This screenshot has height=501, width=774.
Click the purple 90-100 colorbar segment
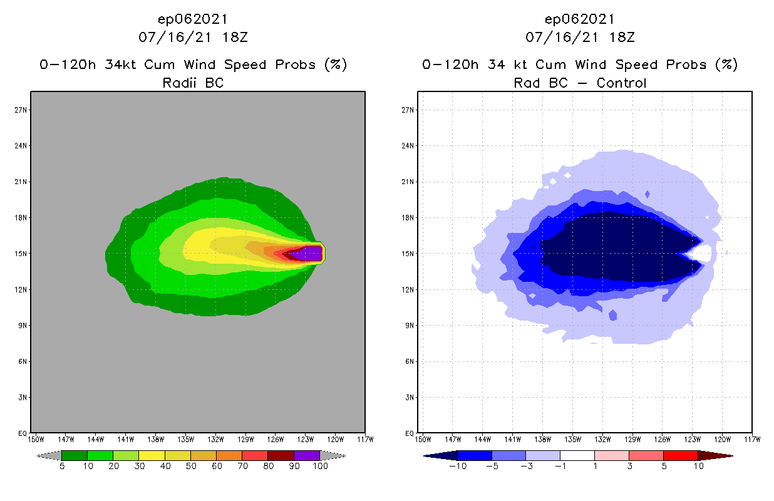point(307,455)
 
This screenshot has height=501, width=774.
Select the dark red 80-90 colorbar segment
point(281,455)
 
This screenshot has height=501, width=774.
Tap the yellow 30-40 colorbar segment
point(152,455)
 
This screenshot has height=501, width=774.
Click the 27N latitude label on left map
point(23,110)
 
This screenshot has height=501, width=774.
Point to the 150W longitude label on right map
point(423,439)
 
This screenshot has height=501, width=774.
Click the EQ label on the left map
point(23,433)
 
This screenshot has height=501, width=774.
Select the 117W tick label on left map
point(365,439)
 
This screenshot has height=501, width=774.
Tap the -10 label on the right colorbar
point(458,467)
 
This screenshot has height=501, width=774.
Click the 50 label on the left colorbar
point(190,467)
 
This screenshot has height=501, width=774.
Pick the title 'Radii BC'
point(193,83)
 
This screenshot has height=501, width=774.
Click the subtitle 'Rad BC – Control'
point(580,83)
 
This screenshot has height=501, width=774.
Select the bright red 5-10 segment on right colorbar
point(680,455)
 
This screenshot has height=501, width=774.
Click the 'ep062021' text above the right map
point(580,19)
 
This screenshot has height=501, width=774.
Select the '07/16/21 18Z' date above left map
point(193,37)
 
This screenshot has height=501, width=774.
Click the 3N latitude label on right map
point(410,398)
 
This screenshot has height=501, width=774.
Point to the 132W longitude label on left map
point(216,439)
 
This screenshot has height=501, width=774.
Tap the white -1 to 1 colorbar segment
point(577,455)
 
